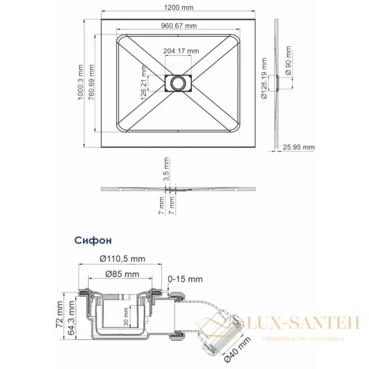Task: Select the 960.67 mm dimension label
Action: coord(178,26)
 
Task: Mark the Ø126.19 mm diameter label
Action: coord(264,78)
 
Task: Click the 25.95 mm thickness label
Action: coord(299,148)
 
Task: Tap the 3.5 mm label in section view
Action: coord(166,167)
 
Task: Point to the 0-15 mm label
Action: coord(186,279)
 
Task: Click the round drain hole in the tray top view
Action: coord(179,81)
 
